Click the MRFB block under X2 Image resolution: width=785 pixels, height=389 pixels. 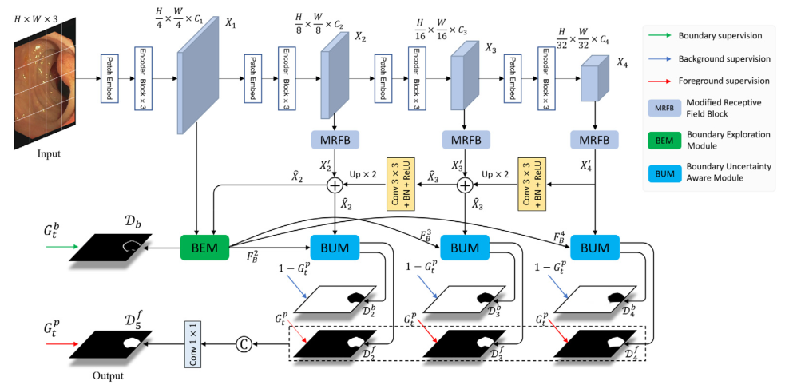pyautogui.click(x=336, y=140)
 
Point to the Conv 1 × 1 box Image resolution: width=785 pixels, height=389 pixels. pyautogui.click(x=192, y=344)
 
